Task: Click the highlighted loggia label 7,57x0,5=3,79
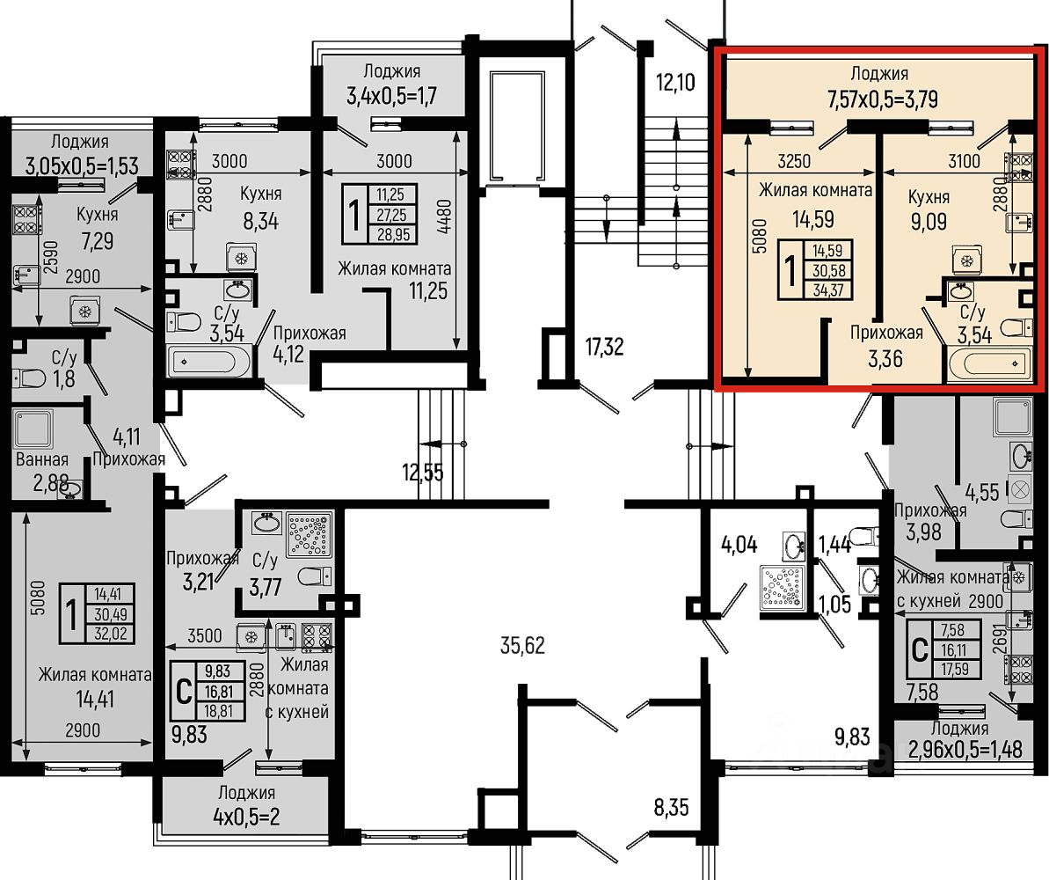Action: pyautogui.click(x=883, y=99)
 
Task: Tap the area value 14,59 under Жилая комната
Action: pyautogui.click(x=813, y=220)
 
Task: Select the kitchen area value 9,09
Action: pyautogui.click(x=929, y=221)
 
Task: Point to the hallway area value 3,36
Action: pyautogui.click(x=885, y=359)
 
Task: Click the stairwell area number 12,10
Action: pyautogui.click(x=675, y=83)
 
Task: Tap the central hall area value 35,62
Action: pyautogui.click(x=522, y=646)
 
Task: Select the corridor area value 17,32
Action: pyautogui.click(x=604, y=347)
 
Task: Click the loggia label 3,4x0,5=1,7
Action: pyautogui.click(x=391, y=96)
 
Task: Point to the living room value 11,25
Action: pyautogui.click(x=428, y=290)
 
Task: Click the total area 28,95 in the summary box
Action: pyautogui.click(x=393, y=234)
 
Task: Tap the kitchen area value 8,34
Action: pyautogui.click(x=260, y=221)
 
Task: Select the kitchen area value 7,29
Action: pyautogui.click(x=97, y=240)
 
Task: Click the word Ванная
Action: pyautogui.click(x=41, y=459)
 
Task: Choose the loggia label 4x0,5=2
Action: pyautogui.click(x=246, y=817)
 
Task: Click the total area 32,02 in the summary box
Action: pyautogui.click(x=111, y=634)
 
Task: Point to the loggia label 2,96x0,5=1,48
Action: pyautogui.click(x=965, y=749)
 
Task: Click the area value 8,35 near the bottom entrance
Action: pyautogui.click(x=671, y=807)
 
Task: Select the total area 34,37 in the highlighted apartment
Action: pyautogui.click(x=828, y=290)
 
